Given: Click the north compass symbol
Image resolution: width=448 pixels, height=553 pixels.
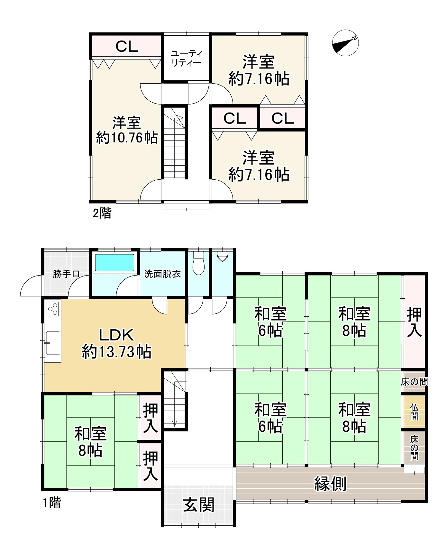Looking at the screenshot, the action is [x=345, y=43].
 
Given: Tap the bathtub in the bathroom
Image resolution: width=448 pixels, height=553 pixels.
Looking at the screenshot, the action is [x=114, y=263].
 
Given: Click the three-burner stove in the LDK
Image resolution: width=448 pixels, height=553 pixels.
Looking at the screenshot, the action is [x=53, y=309].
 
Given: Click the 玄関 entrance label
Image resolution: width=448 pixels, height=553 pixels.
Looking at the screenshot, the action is [x=199, y=505].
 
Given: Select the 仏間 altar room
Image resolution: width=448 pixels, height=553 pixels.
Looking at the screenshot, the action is [x=414, y=412].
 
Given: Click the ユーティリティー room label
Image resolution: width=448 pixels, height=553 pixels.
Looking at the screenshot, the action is [x=186, y=58].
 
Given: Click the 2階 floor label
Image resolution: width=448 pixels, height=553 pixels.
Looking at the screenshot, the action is [x=102, y=213].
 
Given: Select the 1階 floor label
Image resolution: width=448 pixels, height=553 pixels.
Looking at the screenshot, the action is [x=52, y=503].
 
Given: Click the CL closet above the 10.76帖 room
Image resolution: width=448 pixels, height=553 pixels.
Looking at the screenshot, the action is [x=127, y=47].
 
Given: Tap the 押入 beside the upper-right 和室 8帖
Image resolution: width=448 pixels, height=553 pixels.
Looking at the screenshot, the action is [x=415, y=322].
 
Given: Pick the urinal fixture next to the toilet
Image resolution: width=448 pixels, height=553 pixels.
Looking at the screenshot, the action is [x=222, y=256].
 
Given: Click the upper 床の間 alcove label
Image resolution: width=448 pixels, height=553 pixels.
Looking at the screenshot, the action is [x=415, y=382].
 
